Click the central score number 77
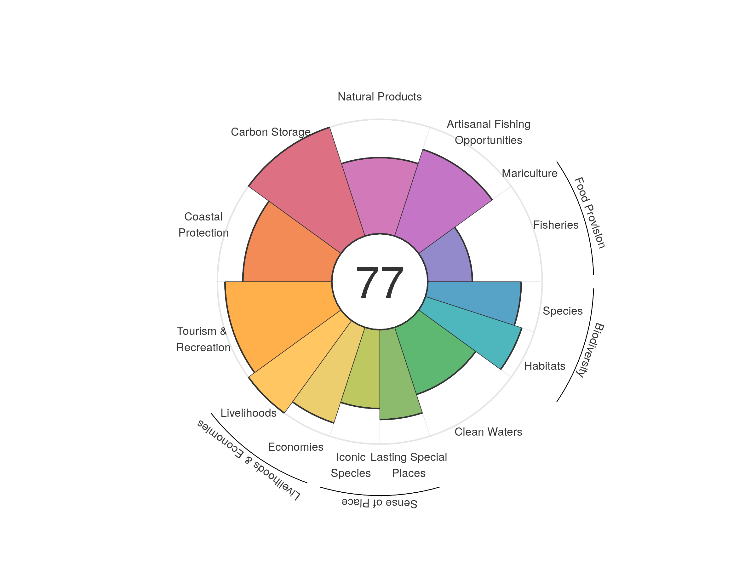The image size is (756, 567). [379, 283]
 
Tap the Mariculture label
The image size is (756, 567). [530, 173]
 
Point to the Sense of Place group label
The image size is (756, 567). [379, 503]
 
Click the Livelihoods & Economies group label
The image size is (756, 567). [249, 460]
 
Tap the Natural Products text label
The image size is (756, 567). [379, 97]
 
